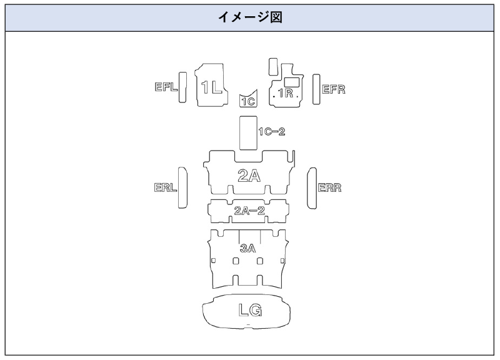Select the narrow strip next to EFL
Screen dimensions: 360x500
[182, 87]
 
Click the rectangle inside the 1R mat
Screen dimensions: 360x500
[291, 81]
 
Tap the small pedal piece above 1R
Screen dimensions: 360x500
[272, 67]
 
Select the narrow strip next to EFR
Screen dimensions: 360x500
[316, 89]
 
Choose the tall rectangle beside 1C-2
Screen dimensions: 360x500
[248, 132]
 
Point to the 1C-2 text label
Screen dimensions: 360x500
[272, 132]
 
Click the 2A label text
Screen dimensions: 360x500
[249, 176]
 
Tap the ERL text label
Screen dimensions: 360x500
[166, 188]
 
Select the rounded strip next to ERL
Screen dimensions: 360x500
[182, 187]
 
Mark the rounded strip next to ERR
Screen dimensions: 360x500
[312, 187]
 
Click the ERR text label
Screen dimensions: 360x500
[330, 188]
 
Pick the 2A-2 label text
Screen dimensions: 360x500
[249, 211]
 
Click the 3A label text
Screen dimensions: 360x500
[248, 248]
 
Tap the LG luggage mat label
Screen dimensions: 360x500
[250, 309]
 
